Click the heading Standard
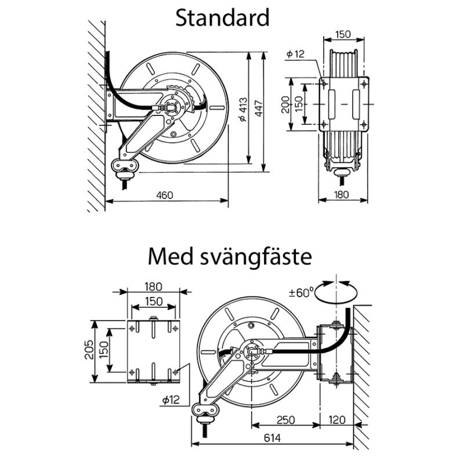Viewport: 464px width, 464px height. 222,17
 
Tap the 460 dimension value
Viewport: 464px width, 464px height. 165,195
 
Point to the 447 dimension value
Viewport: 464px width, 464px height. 259,108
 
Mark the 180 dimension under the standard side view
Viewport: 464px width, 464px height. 343,195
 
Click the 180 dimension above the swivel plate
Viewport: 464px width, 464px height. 153,287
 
